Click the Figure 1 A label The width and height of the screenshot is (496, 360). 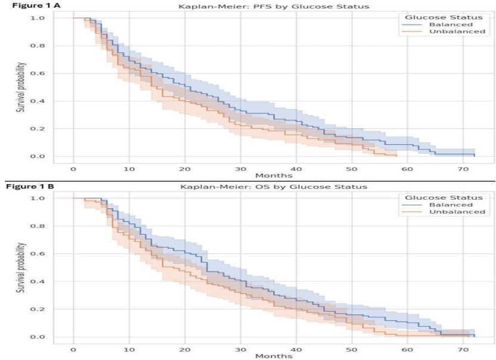(x=30, y=7)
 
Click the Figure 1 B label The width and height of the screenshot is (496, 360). (x=30, y=187)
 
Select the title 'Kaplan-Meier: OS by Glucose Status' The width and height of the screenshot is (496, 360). (x=274, y=187)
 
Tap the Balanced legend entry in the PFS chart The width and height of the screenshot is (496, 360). (x=450, y=24)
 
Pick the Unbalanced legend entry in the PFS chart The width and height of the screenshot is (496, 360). (x=457, y=32)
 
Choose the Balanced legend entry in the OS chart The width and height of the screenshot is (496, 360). (x=450, y=204)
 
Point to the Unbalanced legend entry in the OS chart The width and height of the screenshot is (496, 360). (x=457, y=212)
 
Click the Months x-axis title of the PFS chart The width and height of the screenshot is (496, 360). (x=274, y=175)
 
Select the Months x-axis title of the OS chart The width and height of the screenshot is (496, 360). (x=274, y=356)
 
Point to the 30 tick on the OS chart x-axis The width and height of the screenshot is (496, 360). (x=240, y=349)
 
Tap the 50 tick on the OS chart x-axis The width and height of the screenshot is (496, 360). (x=352, y=349)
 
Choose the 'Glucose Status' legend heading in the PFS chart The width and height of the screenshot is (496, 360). (x=444, y=17)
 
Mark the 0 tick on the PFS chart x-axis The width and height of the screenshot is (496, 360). (x=73, y=169)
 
